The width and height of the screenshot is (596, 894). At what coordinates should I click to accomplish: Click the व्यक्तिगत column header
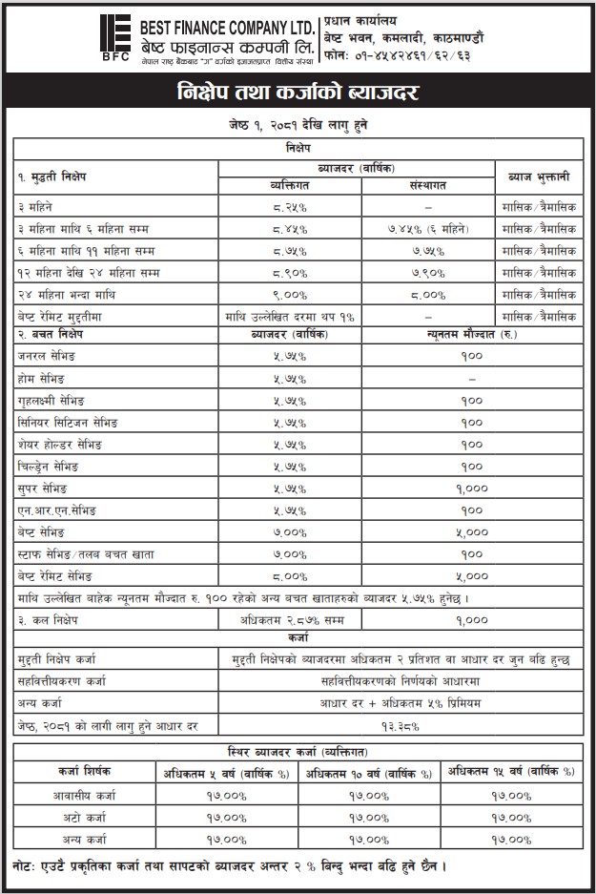tap(291, 185)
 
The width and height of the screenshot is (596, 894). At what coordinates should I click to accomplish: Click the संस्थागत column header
tap(428, 185)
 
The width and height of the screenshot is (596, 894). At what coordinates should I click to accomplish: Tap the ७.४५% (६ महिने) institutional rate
tap(428, 229)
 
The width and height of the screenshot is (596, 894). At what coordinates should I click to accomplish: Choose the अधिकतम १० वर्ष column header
tap(368, 771)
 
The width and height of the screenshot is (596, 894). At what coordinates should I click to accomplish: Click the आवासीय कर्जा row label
tap(82, 794)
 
